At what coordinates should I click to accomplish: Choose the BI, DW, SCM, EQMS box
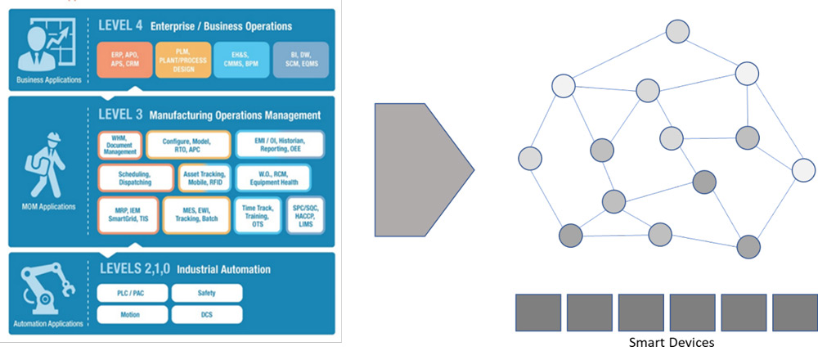pos(299,59)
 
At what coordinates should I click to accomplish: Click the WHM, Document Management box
pos(119,145)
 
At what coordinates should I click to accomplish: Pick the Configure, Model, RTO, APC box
pos(187,145)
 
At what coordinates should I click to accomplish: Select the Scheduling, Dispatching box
pos(136,178)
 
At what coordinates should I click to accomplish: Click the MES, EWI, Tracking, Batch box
pos(196,214)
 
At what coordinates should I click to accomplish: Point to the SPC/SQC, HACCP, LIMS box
pos(304,214)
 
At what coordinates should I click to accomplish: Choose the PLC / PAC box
pos(131,293)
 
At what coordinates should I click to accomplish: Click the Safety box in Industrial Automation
pos(206,293)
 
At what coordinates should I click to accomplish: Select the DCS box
pos(206,314)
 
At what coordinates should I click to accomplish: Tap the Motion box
pos(131,314)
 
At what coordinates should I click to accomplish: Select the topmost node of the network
pos(676,31)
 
